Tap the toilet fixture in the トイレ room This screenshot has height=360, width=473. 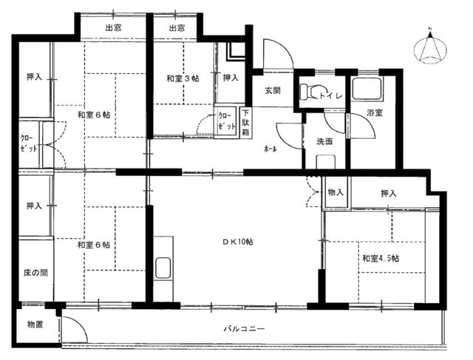coord(310,91)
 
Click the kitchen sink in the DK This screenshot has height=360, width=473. coord(163,268)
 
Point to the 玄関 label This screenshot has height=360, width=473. coord(273,90)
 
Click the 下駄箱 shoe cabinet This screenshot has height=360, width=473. coord(246,123)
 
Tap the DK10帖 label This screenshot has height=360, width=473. coord(238,242)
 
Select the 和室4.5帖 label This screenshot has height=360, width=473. coord(381,259)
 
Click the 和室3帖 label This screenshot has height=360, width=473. coord(183,78)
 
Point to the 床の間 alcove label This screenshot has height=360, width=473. coord(35,273)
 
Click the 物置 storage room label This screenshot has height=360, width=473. coord(35,325)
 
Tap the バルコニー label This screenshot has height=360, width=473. coord(244,328)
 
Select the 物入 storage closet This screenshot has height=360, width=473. coord(336,192)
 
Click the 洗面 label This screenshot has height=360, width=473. coord(324,141)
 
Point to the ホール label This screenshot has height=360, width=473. coord(270,149)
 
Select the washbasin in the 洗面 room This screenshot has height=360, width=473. coord(326,162)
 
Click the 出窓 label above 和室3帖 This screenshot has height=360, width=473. coord(177,28)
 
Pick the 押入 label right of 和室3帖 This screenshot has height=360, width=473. coord(231,78)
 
